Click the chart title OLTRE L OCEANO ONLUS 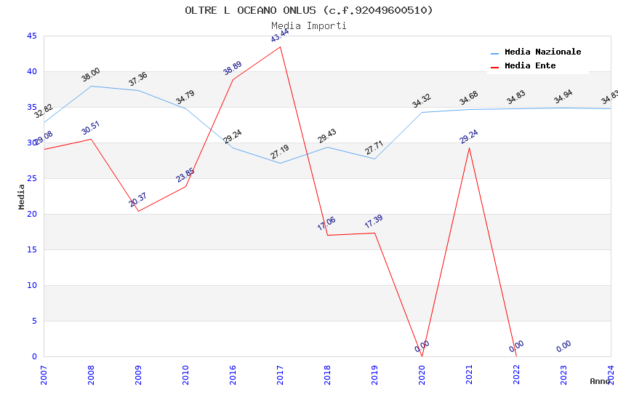[x=309, y=10]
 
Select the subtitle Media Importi [x=309, y=25]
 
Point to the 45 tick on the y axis [x=31, y=36]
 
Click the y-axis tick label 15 [x=31, y=250]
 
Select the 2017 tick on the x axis [x=280, y=374]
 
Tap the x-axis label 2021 [x=469, y=374]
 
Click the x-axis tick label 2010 [x=185, y=374]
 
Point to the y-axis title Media [x=22, y=196]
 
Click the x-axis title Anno [x=600, y=381]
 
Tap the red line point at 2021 [x=469, y=148]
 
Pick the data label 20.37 [x=138, y=199]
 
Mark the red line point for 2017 [x=280, y=47]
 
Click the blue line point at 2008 [x=91, y=86]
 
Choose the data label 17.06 [x=326, y=223]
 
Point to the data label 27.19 [x=280, y=151]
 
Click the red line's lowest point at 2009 [x=138, y=211]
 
